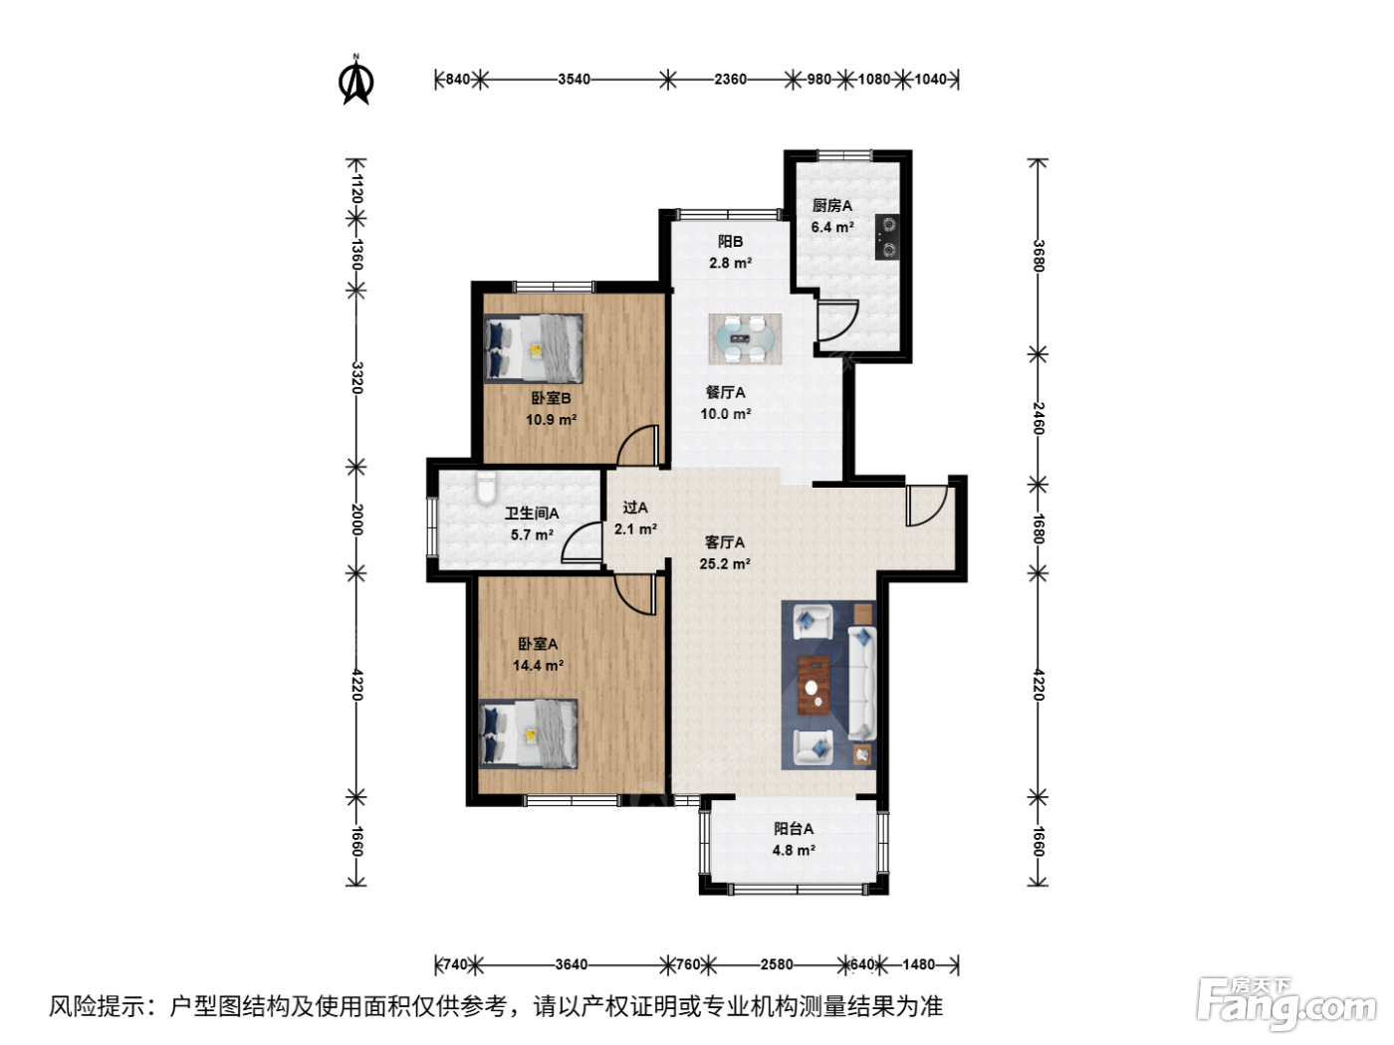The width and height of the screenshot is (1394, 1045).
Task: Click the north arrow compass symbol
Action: (x=356, y=82)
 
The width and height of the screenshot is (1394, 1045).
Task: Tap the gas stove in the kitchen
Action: (x=887, y=237)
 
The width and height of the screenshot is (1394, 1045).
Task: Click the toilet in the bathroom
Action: (x=487, y=488)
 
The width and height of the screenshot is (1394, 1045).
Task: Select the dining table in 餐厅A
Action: (x=745, y=338)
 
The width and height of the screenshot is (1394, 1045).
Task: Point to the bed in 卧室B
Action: (x=534, y=348)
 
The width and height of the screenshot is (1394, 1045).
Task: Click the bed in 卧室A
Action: (x=529, y=734)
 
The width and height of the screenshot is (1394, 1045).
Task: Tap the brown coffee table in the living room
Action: (x=813, y=686)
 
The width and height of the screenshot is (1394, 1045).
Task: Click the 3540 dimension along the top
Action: (x=575, y=80)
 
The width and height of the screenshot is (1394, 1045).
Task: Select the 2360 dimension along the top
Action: (x=730, y=80)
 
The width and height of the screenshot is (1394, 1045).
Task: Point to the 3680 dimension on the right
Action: (x=1039, y=256)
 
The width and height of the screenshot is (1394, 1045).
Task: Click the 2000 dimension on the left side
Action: (x=357, y=520)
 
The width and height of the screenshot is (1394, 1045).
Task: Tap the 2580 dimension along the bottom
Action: (x=777, y=964)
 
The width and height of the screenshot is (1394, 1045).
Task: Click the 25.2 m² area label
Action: (x=725, y=563)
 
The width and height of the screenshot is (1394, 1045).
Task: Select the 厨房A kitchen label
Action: (x=832, y=206)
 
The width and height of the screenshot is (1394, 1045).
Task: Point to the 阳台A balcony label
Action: (x=794, y=829)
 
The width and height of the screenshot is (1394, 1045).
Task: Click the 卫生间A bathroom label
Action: (x=532, y=514)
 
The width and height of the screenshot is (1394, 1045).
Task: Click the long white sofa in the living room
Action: (x=862, y=684)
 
